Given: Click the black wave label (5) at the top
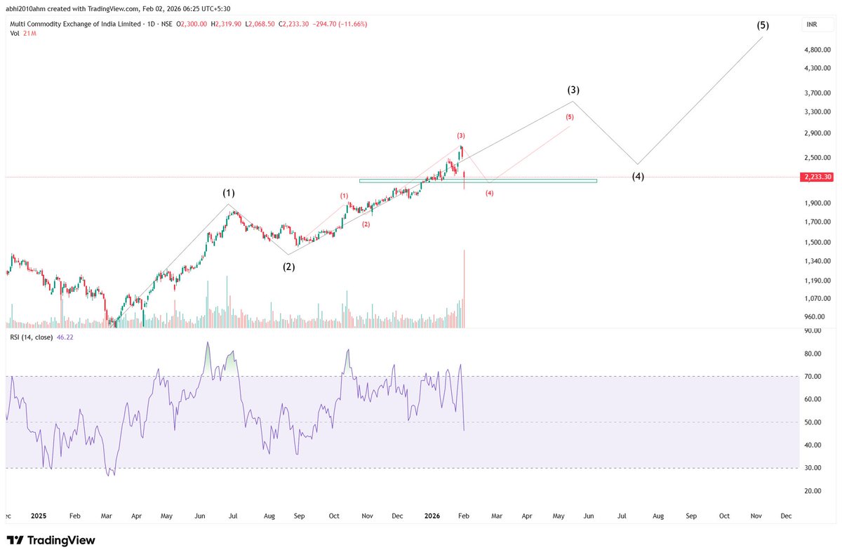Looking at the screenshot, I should [763, 25].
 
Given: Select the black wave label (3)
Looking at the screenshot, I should [573, 90].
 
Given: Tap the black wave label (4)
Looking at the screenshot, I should [637, 177].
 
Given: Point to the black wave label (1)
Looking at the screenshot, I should [229, 193].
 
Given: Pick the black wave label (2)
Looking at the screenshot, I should [288, 267].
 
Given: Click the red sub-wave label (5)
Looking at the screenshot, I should [570, 117].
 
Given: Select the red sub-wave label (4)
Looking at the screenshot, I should [490, 193].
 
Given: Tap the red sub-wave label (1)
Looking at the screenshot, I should [345, 196].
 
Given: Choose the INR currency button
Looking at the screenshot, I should [812, 25].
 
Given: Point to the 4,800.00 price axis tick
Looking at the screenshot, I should [817, 50].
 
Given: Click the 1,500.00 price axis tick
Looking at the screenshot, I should [817, 243].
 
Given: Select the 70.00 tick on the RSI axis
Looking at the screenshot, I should [813, 377].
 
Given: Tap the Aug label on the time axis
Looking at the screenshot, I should [657, 516].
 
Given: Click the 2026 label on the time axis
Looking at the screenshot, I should [432, 516].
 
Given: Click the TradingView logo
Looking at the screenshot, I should [51, 541].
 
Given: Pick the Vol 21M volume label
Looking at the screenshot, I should [22, 33].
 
